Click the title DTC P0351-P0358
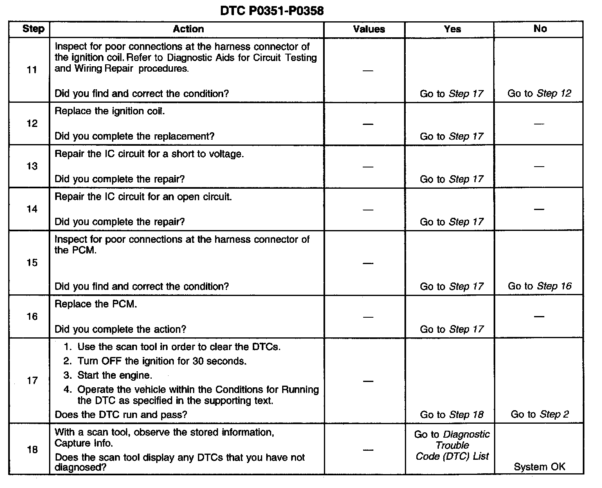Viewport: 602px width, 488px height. click(x=272, y=11)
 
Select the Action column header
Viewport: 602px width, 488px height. click(x=188, y=29)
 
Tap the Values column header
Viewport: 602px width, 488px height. click(x=369, y=29)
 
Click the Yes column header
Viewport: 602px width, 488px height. click(x=452, y=29)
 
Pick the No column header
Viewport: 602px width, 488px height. click(x=540, y=29)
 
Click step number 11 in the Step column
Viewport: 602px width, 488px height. click(x=32, y=70)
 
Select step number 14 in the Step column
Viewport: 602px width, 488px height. click(x=32, y=209)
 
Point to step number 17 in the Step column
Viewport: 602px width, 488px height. click(x=32, y=381)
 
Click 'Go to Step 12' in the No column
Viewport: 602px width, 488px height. click(x=539, y=93)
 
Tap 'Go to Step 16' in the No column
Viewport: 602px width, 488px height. click(x=539, y=286)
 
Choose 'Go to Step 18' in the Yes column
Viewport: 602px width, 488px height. click(x=451, y=415)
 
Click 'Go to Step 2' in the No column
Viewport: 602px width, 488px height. click(x=539, y=414)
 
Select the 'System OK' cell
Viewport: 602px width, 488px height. click(x=539, y=467)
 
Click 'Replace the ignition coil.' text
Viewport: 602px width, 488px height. click(x=110, y=111)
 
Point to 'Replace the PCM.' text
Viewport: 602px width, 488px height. click(x=96, y=304)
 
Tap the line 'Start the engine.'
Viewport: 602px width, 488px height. click(x=115, y=375)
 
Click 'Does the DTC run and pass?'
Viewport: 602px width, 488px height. click(x=121, y=415)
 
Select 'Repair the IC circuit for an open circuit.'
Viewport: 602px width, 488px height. click(x=143, y=197)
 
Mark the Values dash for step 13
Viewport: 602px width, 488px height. click(x=368, y=167)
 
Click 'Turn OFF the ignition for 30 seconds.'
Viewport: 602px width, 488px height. click(x=162, y=361)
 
